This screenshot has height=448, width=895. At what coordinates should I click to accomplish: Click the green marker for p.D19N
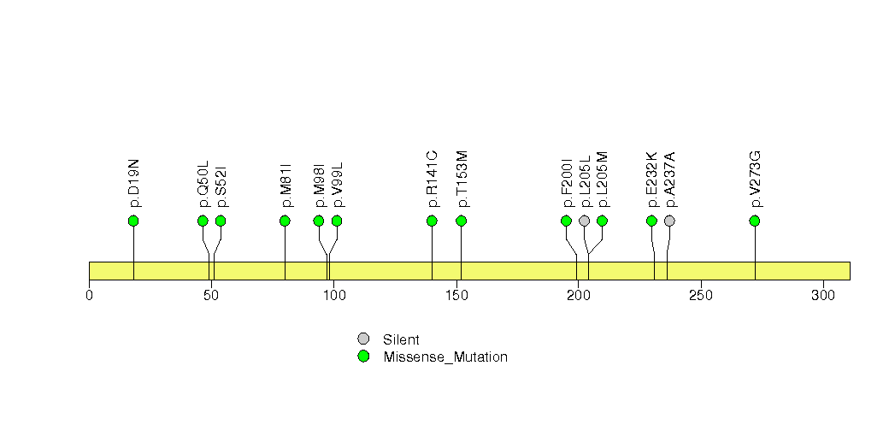[133, 221]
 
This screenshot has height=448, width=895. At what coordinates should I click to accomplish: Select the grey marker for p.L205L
[584, 221]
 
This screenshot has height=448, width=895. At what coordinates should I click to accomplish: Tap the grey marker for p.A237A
[669, 221]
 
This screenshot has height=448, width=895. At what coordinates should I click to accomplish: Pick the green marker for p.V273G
[755, 221]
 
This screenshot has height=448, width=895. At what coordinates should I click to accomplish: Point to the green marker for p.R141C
[432, 221]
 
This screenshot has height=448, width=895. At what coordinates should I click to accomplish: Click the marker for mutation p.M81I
[285, 221]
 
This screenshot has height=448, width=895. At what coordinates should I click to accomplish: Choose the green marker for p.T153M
[462, 221]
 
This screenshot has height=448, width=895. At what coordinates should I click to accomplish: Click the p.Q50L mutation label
[203, 184]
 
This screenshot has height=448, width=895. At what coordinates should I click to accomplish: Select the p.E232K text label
[652, 180]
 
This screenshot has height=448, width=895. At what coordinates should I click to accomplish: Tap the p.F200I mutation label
[567, 183]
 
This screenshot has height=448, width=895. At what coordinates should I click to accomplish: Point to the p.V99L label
[338, 185]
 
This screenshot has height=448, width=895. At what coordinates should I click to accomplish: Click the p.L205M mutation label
[602, 180]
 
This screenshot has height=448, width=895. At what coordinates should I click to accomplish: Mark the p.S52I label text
[221, 186]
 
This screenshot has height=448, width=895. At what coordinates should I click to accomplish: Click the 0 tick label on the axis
[89, 295]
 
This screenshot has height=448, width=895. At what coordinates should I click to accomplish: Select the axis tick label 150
[456, 295]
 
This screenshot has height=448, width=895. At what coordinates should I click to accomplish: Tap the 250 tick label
[701, 295]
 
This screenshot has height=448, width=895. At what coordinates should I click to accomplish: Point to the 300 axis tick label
[823, 295]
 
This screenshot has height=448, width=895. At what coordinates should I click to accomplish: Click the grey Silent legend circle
[363, 339]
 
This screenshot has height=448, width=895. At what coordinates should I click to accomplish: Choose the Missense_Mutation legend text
[445, 357]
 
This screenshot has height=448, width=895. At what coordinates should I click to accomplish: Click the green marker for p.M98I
[319, 221]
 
